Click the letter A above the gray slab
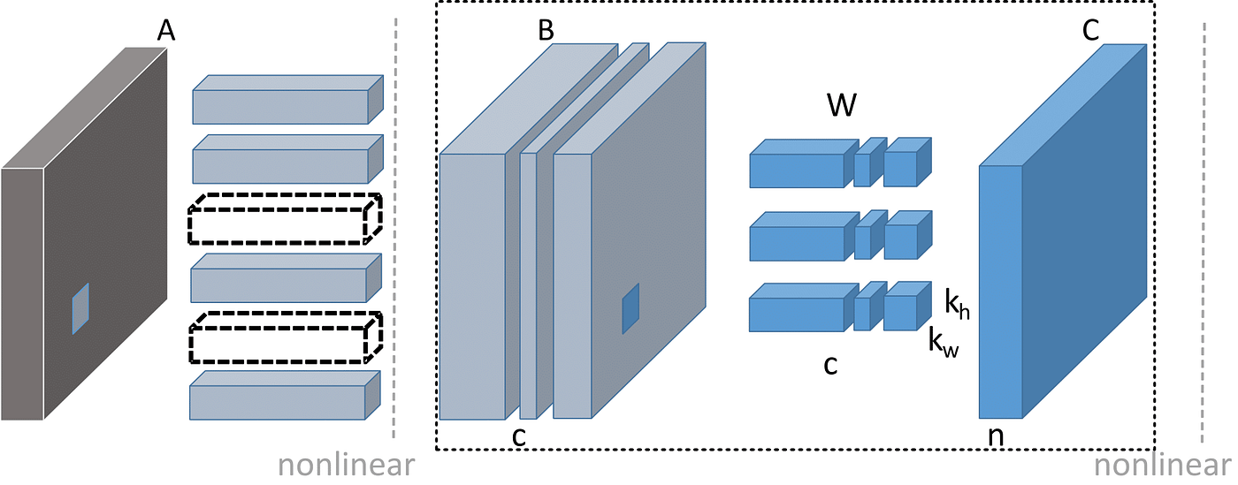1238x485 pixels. [164, 31]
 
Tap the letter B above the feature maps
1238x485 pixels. [546, 30]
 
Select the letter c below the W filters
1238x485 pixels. [830, 364]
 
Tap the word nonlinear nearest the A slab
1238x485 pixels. [345, 466]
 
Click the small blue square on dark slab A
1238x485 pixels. [80, 308]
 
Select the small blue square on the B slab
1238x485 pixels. [630, 308]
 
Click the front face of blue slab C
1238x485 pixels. [1000, 291]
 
